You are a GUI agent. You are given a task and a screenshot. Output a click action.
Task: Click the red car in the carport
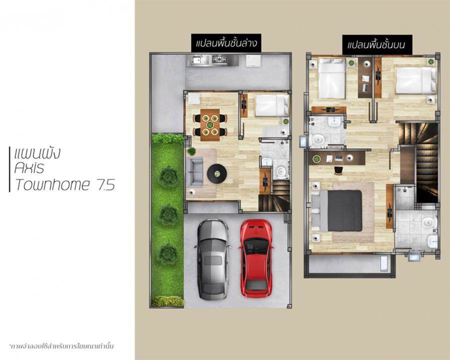click(x=255, y=258)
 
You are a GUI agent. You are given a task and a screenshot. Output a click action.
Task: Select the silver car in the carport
click(x=212, y=260)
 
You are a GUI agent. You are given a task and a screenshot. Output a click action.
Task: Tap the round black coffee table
click(x=217, y=173)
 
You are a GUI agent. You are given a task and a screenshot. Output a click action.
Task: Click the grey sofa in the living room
click(x=194, y=172)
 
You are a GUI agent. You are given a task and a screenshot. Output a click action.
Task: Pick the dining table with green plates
click(x=210, y=125)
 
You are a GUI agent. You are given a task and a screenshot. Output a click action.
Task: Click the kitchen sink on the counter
click(x=197, y=60)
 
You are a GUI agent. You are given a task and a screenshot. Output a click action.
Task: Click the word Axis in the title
click(x=29, y=168)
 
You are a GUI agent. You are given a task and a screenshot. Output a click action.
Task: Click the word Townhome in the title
click(x=52, y=184)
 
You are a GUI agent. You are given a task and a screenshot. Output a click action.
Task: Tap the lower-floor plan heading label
click(x=226, y=43)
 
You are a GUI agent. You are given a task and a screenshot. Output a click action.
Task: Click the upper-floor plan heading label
click(x=377, y=45)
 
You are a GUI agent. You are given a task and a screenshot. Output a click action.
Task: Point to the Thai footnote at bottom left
click(x=61, y=346)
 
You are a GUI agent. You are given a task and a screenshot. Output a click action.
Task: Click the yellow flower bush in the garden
click(x=167, y=301)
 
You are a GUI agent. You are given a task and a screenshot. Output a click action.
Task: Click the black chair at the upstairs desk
click(x=338, y=170)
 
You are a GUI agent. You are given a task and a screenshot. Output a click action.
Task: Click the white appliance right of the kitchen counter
click(x=253, y=60)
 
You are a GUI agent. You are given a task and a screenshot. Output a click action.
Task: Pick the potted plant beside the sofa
click(x=191, y=151)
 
